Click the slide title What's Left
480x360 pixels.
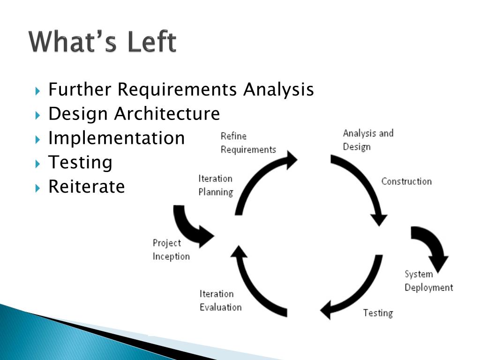[x=103, y=42]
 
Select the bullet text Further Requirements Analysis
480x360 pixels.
[x=181, y=89]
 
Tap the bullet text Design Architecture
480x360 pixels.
[x=134, y=113]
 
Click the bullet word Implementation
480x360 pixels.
[x=116, y=138]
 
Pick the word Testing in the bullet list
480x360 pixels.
[x=80, y=162]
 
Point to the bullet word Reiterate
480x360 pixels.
[x=87, y=187]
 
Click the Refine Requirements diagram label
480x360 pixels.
[x=248, y=142]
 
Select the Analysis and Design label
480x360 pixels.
[x=367, y=140]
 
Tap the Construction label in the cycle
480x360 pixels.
[x=406, y=181]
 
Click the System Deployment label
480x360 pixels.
[x=428, y=281]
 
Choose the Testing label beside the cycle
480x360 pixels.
[x=378, y=313]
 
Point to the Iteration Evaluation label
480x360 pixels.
[x=220, y=300]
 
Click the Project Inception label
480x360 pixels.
[x=171, y=249]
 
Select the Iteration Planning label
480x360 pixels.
[x=215, y=185]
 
